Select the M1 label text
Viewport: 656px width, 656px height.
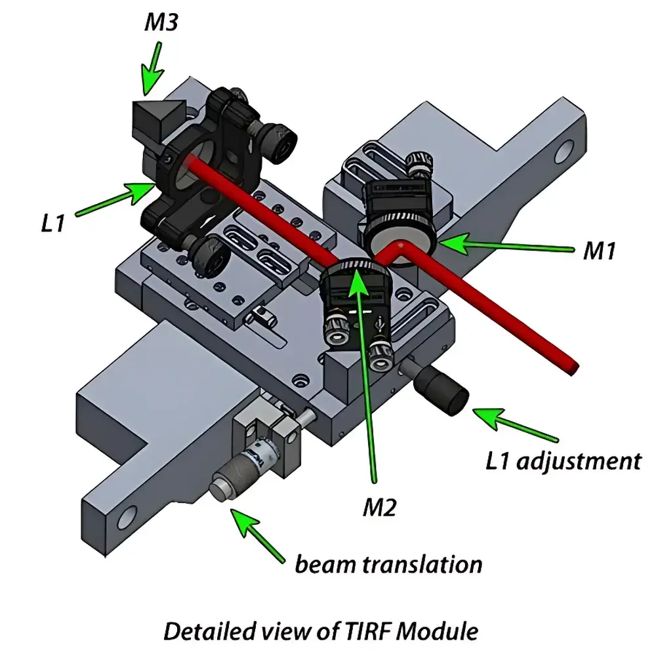(599, 251)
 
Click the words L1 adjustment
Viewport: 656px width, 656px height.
(563, 461)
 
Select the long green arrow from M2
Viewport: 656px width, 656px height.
(366, 374)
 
